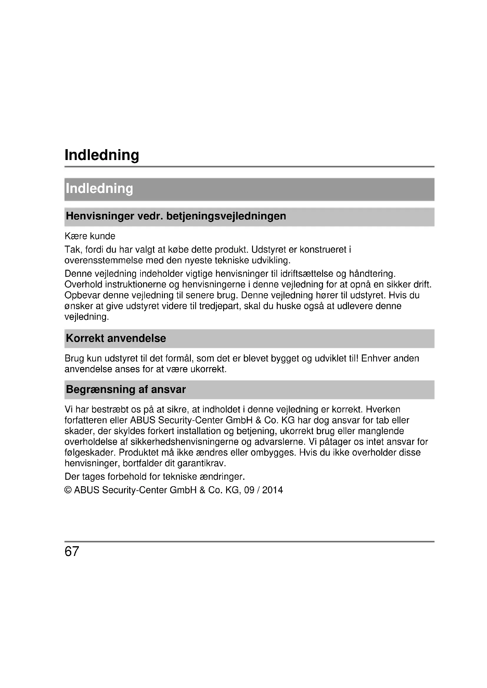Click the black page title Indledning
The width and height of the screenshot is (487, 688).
(x=102, y=155)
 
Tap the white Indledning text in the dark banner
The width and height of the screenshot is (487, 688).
(x=99, y=189)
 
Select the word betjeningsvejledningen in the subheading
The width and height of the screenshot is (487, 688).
(x=226, y=216)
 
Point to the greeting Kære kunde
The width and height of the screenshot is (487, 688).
(x=90, y=236)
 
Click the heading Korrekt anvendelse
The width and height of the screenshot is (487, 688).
(x=116, y=338)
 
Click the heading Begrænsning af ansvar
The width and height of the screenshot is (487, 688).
(x=126, y=389)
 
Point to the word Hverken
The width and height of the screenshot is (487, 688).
(x=383, y=410)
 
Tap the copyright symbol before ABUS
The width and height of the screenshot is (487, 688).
(x=68, y=490)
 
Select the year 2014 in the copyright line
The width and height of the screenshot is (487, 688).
(x=272, y=490)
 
